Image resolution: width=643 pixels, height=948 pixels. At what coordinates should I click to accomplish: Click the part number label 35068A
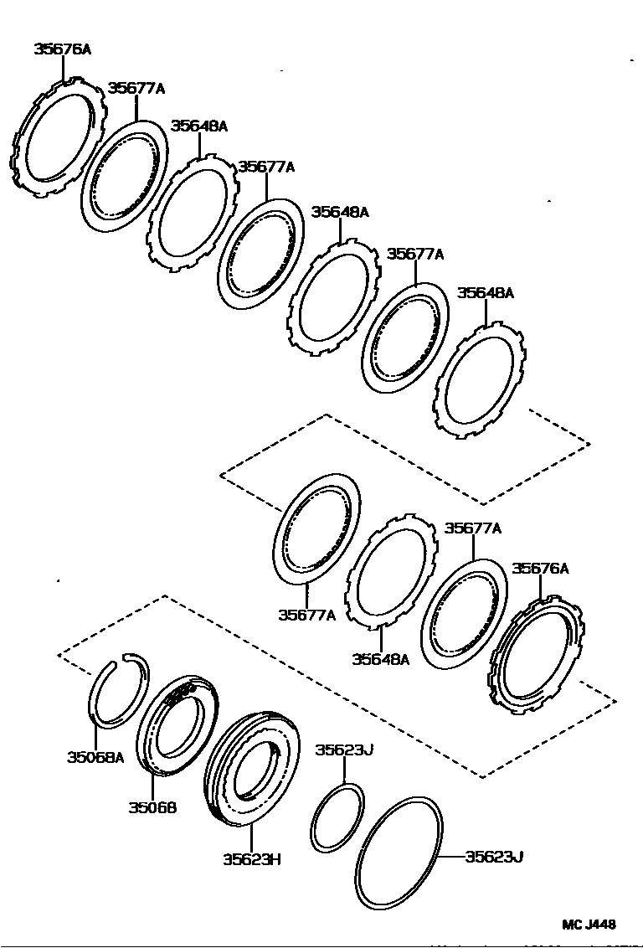coord(95,757)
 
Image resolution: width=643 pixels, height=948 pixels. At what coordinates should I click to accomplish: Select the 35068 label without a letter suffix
coord(152,807)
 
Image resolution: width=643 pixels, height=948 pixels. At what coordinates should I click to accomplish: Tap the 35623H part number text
coord(251,858)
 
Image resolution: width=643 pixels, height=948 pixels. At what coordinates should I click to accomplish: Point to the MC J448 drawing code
coord(588,925)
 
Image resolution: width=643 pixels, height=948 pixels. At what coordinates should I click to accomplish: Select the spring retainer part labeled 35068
coord(175,723)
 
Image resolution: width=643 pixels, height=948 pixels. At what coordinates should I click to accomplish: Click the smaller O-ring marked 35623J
coord(337,817)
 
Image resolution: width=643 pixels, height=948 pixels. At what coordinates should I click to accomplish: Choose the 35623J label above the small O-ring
coord(343,750)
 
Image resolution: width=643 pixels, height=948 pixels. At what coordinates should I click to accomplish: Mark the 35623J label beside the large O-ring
coord(494,856)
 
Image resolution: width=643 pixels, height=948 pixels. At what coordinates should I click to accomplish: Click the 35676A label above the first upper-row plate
coord(62,49)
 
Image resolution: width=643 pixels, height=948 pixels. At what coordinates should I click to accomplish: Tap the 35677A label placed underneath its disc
coord(306,616)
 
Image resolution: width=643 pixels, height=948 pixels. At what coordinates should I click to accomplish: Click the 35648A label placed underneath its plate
coord(380,659)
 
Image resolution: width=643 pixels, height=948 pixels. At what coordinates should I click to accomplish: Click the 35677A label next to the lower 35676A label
coord(472,528)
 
